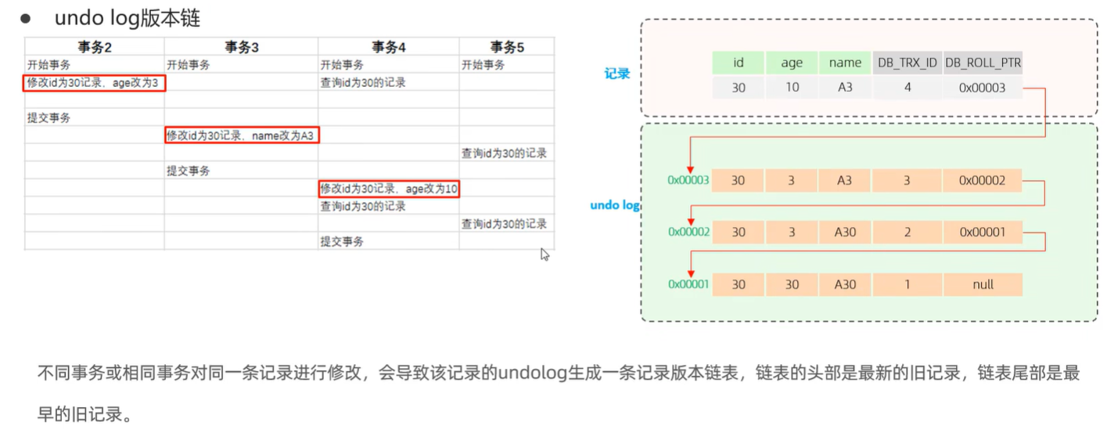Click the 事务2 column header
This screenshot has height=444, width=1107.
pyautogui.click(x=95, y=47)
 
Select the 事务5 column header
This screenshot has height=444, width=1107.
pyautogui.click(x=507, y=47)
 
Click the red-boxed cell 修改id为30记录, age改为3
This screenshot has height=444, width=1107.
pyautogui.click(x=94, y=82)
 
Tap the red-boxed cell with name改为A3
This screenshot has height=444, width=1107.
pyautogui.click(x=242, y=135)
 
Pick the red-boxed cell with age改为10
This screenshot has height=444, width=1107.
pyautogui.click(x=389, y=189)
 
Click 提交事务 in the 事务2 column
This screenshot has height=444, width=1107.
pyautogui.click(x=49, y=118)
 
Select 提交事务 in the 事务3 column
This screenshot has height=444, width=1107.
pyautogui.click(x=188, y=171)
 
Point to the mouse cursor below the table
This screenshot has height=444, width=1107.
pyautogui.click(x=545, y=254)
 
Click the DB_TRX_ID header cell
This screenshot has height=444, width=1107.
pyautogui.click(x=907, y=63)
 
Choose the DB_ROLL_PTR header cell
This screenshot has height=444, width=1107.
pyautogui.click(x=983, y=63)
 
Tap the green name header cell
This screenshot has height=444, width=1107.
pyautogui.click(x=845, y=63)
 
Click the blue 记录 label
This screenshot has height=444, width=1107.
pyautogui.click(x=617, y=74)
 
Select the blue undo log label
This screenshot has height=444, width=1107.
pyautogui.click(x=615, y=205)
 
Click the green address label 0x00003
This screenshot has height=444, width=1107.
pyautogui.click(x=688, y=180)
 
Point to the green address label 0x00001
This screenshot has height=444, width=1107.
pyautogui.click(x=688, y=284)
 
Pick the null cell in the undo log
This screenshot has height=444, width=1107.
pyautogui.click(x=983, y=284)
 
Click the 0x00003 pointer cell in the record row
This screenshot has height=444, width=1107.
pyautogui.click(x=983, y=88)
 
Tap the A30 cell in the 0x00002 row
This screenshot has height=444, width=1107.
pyautogui.click(x=845, y=233)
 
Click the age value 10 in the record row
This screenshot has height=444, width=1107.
pyautogui.click(x=792, y=88)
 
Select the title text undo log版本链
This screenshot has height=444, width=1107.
pyautogui.click(x=132, y=17)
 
